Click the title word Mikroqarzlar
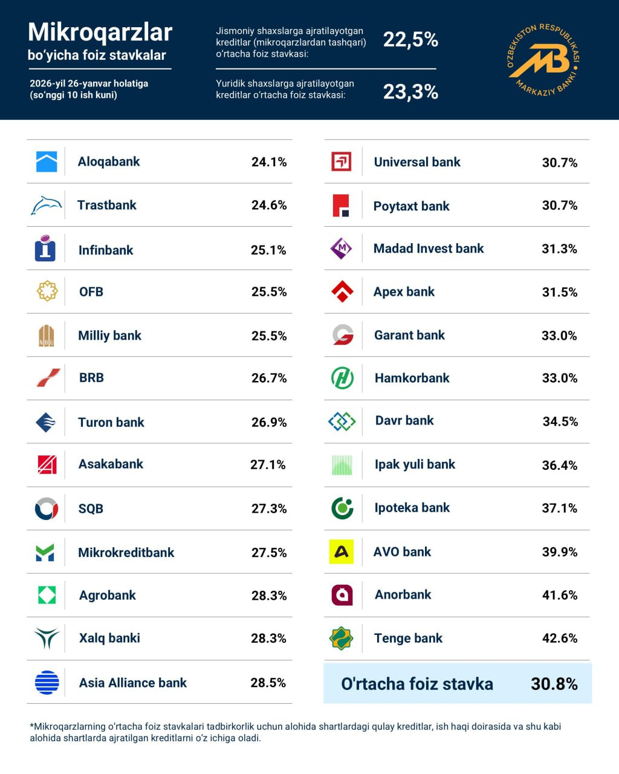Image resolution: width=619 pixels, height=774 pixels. pos(100,32)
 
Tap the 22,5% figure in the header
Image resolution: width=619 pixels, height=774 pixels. pos(410,40)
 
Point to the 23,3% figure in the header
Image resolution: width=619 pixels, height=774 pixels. pos(410,92)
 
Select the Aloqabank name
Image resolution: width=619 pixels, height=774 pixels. pos(109,161)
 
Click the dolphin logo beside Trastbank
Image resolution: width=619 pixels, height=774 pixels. pos(46,206)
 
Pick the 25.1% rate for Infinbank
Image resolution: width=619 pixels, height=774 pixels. pos(268,250)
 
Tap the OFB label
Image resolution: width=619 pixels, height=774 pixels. pos(91,292)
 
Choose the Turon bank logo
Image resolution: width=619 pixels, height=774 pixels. pos(46,422)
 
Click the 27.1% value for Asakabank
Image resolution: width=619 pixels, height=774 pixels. pos(268,464)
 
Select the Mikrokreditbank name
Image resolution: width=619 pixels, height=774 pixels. pos(126,552)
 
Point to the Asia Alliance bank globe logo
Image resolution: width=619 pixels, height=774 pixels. pos(47,683)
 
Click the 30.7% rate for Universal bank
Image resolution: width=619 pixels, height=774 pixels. pos(560,163)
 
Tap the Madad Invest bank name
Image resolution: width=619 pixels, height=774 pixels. pos(429,249)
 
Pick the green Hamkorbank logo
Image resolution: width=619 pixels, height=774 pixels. pos(342,378)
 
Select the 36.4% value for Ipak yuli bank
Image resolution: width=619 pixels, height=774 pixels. pos(560,465)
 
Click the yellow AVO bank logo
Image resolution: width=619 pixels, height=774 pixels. pos(342,551)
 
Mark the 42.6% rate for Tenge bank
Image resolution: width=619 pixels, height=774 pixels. pos(560,639)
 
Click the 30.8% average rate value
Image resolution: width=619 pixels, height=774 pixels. pos(554,684)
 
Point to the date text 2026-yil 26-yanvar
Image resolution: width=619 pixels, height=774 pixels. pos(89,83)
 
